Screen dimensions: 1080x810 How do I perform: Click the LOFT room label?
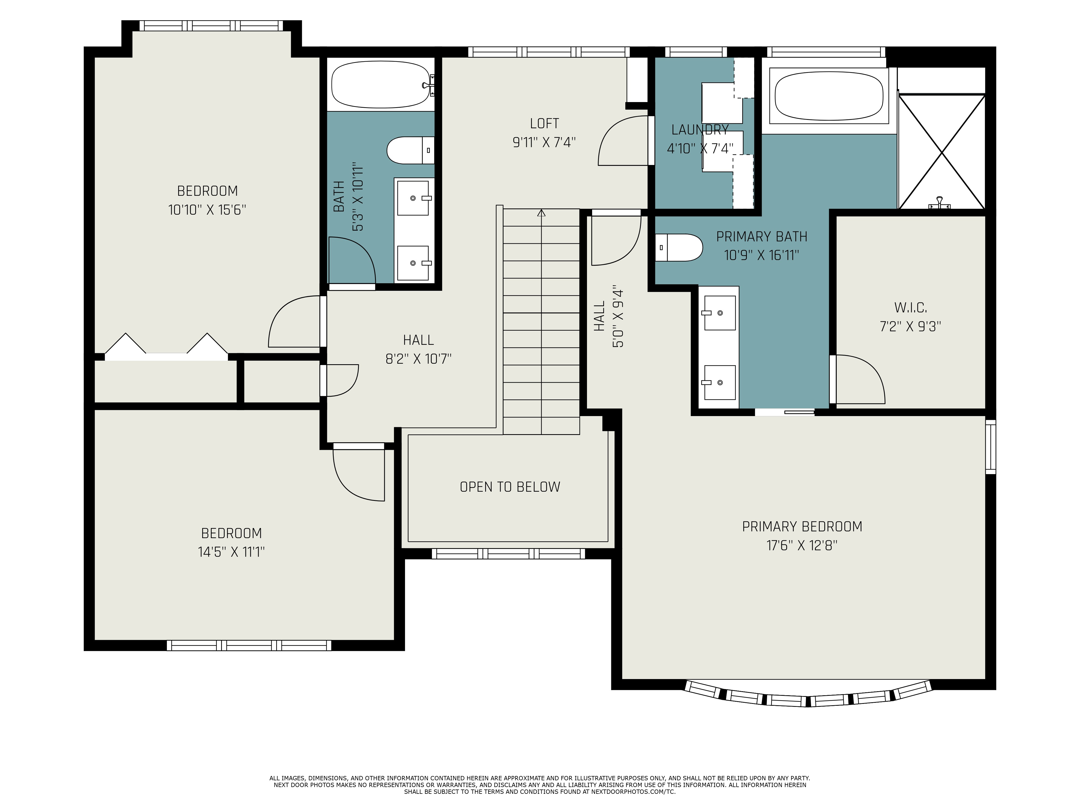click(x=544, y=124)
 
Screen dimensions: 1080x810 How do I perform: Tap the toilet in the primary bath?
click(x=679, y=248)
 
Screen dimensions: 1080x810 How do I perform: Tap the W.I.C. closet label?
click(x=911, y=308)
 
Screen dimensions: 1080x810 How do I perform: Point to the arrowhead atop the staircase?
click(x=541, y=213)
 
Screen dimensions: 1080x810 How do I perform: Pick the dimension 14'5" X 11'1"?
click(x=231, y=552)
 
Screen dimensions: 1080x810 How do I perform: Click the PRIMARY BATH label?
click(x=762, y=237)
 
